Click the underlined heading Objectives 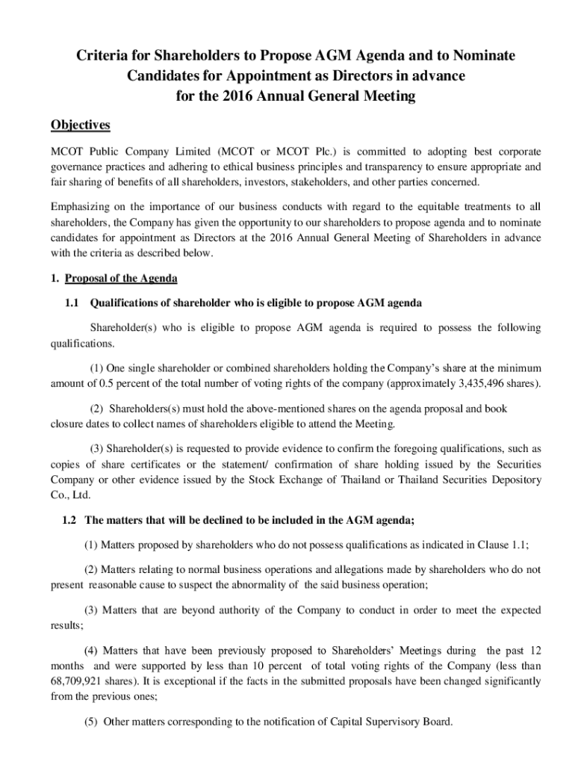click(x=81, y=124)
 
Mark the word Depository click(x=512, y=480)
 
